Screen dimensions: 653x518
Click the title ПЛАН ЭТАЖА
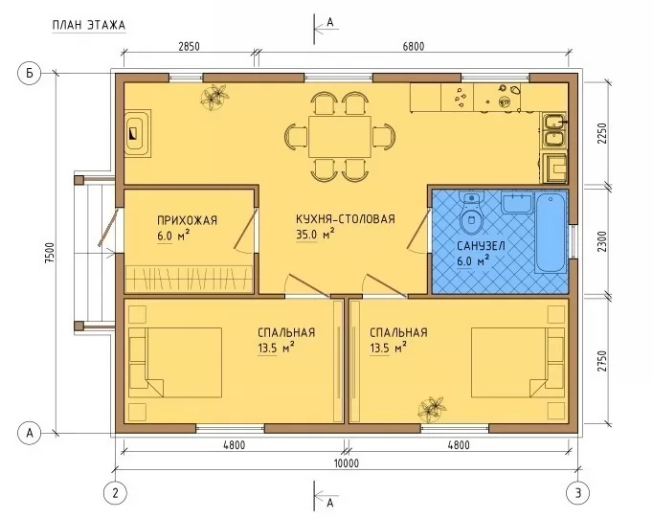89,25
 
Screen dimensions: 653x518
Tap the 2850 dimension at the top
189,46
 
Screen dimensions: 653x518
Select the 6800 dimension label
414,46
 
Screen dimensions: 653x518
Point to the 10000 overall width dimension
347,463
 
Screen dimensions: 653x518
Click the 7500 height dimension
50,253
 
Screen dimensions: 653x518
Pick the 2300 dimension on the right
602,241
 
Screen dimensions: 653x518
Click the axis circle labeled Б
30,74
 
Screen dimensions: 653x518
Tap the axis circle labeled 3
578,493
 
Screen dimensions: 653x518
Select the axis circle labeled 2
115,493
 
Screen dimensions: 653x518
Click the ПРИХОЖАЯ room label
187,220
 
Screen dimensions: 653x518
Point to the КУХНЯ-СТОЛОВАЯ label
346,219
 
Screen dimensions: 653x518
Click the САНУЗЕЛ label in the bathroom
481,246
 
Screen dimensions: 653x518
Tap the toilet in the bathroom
472,212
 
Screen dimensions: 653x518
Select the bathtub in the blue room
551,232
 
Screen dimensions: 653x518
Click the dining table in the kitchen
340,137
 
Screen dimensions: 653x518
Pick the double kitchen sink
553,130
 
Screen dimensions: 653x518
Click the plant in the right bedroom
432,409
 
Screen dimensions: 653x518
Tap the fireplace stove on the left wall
138,133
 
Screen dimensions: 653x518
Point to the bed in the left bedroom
175,363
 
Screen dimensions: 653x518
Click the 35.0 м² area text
315,235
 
